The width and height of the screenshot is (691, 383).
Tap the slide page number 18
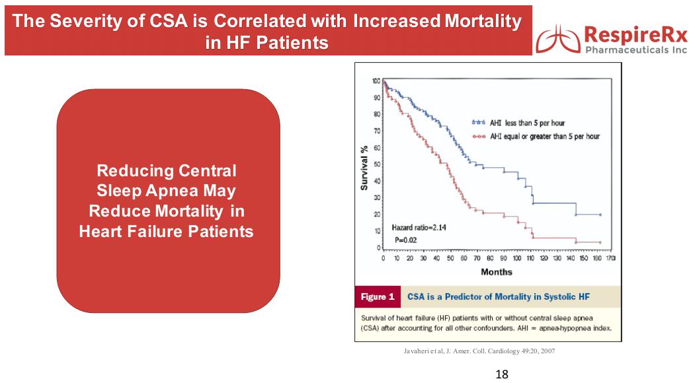click(502, 374)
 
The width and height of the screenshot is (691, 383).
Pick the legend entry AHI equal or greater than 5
click(536, 136)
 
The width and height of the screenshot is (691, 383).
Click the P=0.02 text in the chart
click(405, 240)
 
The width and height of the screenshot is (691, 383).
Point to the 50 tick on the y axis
click(376, 164)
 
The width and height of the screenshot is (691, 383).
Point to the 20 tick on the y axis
click(376, 214)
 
